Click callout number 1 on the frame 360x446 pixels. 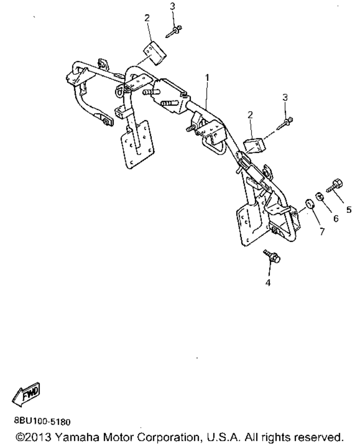click(x=207, y=77)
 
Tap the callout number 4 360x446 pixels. click(x=267, y=283)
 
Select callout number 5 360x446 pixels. click(x=348, y=210)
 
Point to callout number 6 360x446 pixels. click(x=336, y=219)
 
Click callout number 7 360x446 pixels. click(x=321, y=231)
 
